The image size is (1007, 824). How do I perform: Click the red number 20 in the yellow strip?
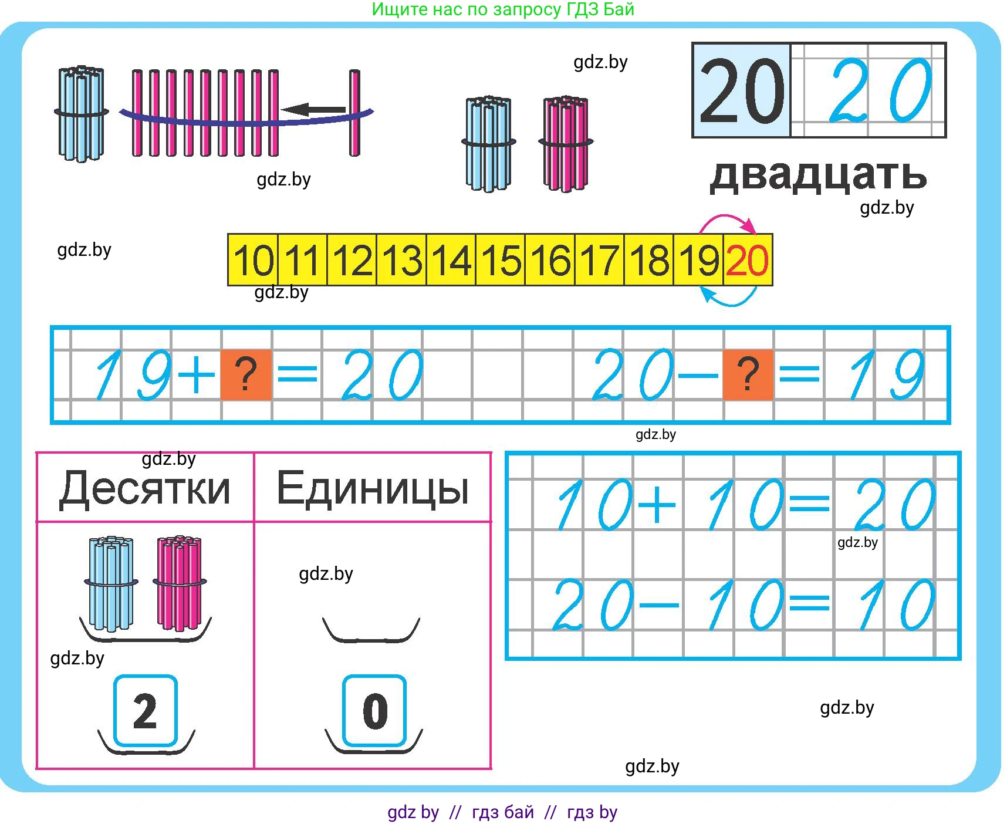point(747,260)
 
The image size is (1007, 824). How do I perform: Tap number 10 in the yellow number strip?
point(254,260)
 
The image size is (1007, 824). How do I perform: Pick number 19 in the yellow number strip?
point(698,260)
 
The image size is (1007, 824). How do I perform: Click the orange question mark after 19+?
point(246,375)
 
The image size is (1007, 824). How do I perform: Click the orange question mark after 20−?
point(748,375)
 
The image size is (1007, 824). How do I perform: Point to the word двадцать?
point(818,175)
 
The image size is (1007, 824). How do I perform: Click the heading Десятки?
point(145,488)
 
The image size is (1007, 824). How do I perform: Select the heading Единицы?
point(373,488)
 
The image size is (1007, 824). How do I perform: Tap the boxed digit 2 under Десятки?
point(145,711)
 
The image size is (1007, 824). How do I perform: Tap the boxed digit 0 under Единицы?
point(374,711)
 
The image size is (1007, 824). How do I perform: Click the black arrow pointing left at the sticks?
point(313,109)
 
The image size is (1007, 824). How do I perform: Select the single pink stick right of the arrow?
point(354,113)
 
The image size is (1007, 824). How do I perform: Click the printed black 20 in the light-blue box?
point(742,91)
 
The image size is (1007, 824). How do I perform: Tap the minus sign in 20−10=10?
point(658,605)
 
